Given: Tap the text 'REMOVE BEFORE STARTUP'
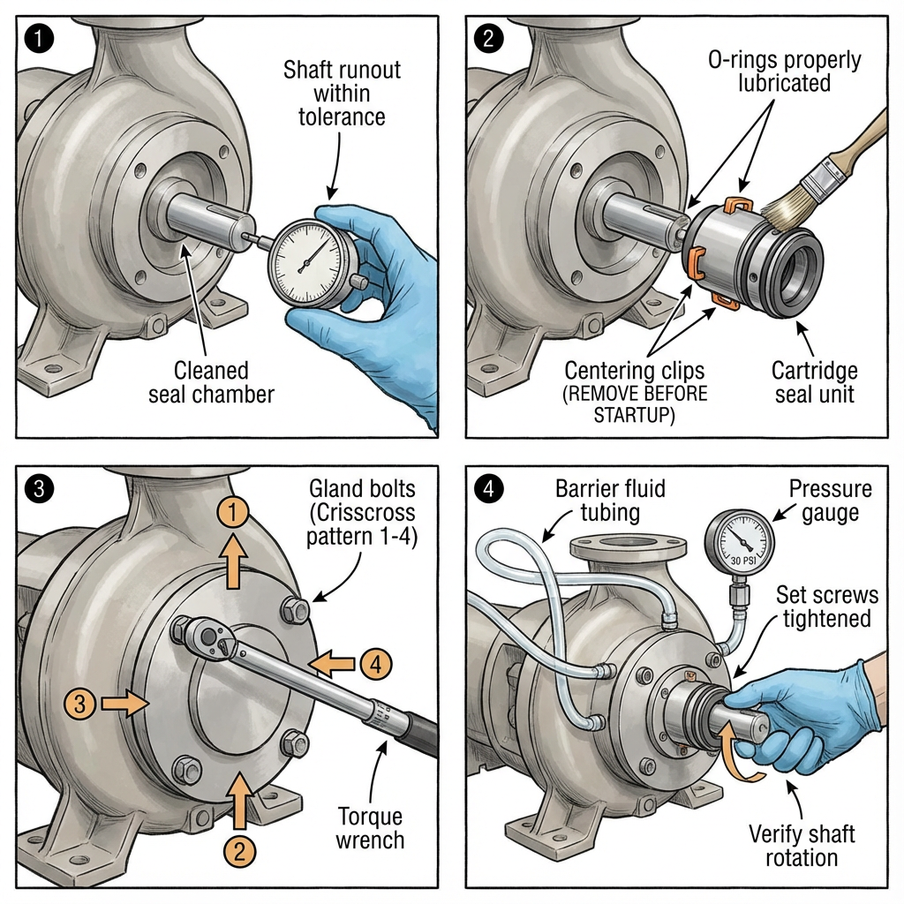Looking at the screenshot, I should (636, 404).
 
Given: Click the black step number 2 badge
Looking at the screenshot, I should (487, 37).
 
